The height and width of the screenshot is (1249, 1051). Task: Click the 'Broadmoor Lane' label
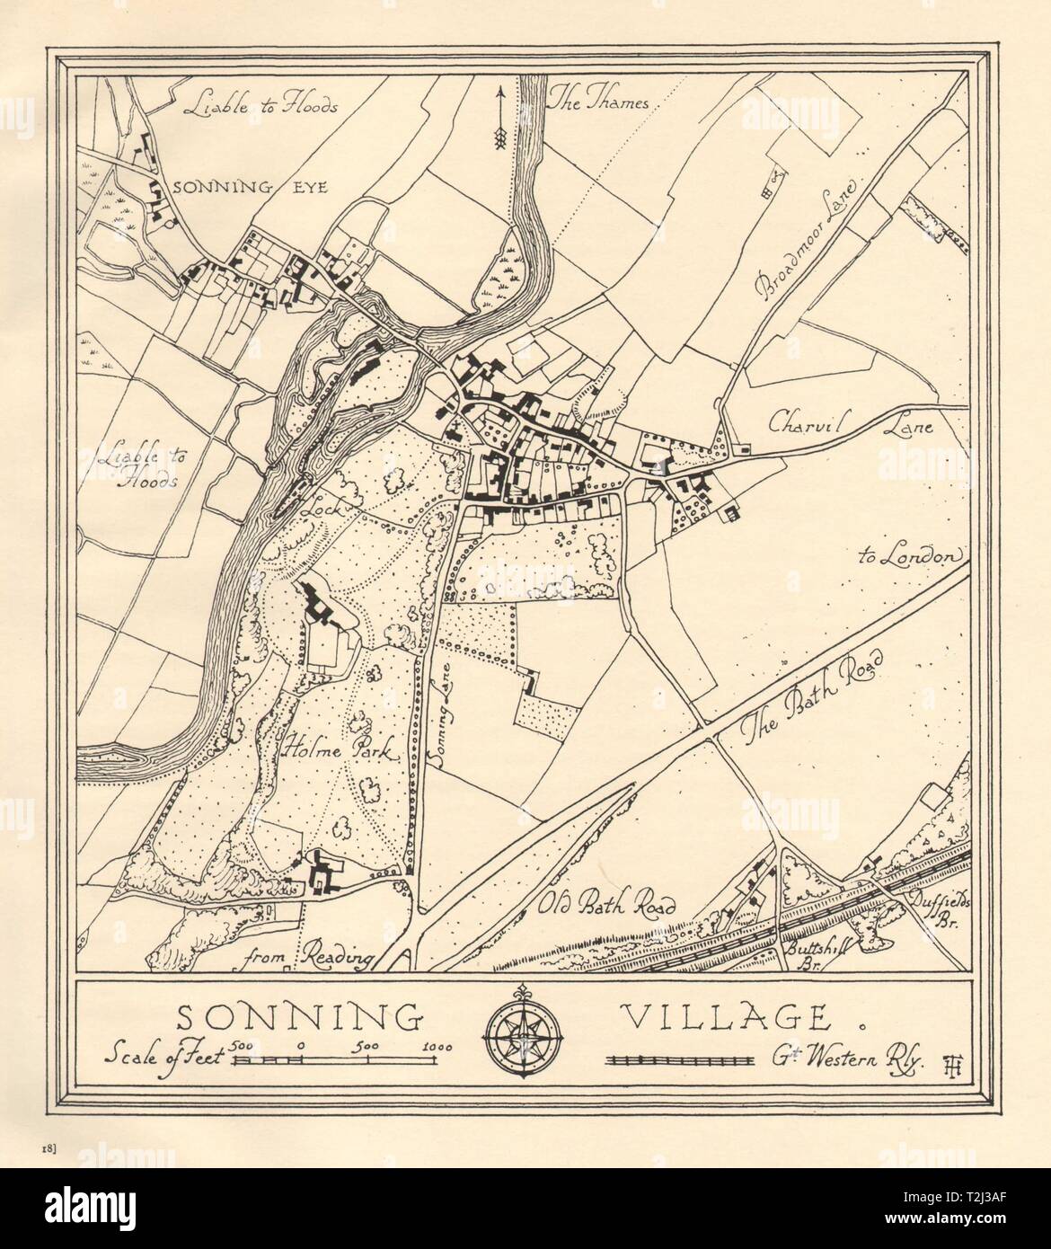(809, 233)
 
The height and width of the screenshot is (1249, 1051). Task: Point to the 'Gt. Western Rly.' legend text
(845, 1059)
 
